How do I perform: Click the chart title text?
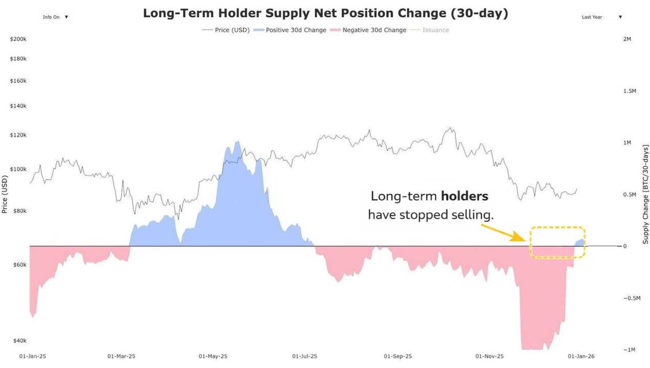(325, 14)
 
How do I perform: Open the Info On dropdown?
(56, 17)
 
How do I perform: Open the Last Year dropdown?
(601, 17)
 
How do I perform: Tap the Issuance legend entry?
(431, 30)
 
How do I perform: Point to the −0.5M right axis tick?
(630, 298)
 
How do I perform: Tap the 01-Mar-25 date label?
(121, 357)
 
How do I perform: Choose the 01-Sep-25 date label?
(398, 357)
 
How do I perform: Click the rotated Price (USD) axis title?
(5, 194)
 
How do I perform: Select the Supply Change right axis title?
(645, 194)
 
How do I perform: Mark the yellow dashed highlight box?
(558, 242)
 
